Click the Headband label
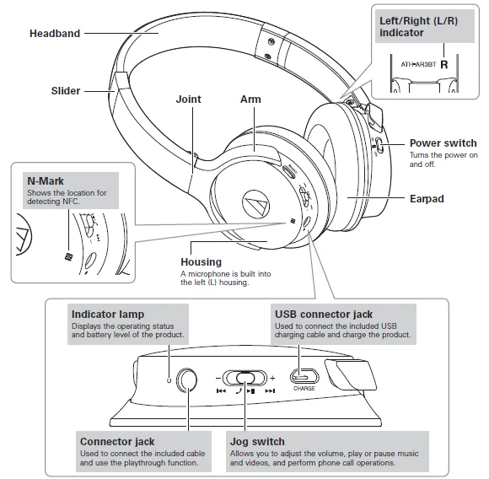tap(55, 34)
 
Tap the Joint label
tap(189, 100)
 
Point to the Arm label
tap(250, 100)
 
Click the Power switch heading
tap(443, 143)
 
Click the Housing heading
tap(202, 262)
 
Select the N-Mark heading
tap(45, 180)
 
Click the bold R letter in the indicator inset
tap(443, 64)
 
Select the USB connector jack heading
tap(324, 315)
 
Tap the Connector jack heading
tap(116, 441)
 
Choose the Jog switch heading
tap(257, 441)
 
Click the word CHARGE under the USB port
tap(304, 390)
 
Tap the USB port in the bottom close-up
tap(304, 376)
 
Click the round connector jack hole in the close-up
tap(188, 379)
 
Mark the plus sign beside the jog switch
tap(272, 378)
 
